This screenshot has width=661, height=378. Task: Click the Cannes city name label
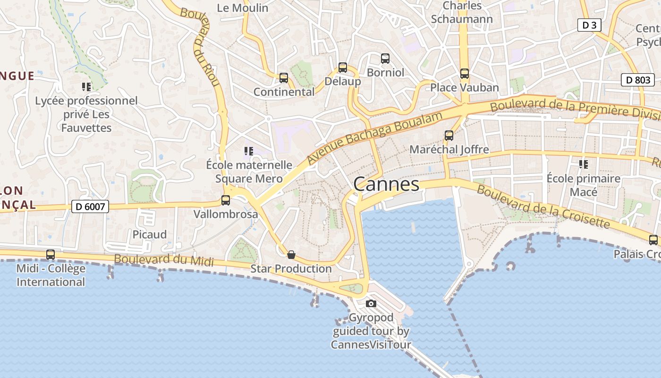pos(386,184)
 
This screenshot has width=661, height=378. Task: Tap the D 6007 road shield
pos(90,206)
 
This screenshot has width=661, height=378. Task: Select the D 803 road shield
pos(637,80)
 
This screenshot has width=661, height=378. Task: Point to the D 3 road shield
pos(589,25)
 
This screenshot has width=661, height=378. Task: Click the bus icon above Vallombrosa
pos(226,200)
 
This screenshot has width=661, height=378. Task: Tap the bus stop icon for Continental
pos(284,78)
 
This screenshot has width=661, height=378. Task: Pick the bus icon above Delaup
pos(343,68)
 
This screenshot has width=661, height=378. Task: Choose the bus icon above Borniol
pos(385,59)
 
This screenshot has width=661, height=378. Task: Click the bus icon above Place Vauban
pos(465,74)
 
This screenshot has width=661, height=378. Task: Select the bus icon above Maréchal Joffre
pos(449,136)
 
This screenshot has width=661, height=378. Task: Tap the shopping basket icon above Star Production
pos(291,255)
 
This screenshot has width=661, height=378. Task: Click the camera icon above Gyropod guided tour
pos(371,303)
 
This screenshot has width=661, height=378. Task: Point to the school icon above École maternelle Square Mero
pos(249,151)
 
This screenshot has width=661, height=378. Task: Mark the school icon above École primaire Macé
pos(584,164)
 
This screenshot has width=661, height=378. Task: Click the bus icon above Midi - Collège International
pos(51,255)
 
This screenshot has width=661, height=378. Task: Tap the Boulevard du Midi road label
pos(164,260)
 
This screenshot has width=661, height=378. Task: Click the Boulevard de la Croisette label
pos(543,206)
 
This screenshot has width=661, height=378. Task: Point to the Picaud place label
pos(150,234)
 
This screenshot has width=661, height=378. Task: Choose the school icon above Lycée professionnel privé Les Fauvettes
pos(86,86)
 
